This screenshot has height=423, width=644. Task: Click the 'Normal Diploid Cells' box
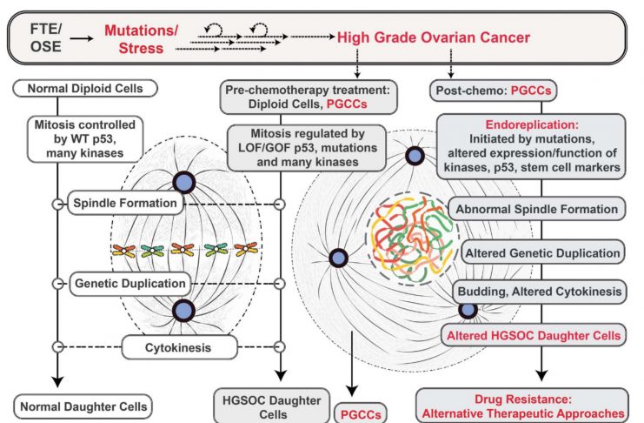point(85,89)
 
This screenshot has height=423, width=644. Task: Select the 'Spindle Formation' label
point(125,203)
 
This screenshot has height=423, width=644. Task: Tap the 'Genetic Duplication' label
point(130,284)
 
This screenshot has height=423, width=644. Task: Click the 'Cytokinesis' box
point(179,347)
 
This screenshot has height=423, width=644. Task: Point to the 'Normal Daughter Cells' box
point(83,406)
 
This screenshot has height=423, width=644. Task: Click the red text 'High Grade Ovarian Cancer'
point(434,37)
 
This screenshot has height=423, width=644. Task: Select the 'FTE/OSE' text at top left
point(45,37)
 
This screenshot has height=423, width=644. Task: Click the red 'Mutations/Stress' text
point(141,39)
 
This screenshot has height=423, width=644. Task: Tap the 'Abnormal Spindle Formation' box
point(537,209)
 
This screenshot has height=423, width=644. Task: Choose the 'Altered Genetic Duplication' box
point(542,252)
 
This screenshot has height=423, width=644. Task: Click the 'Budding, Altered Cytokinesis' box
point(539,292)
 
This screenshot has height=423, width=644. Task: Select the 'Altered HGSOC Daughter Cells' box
point(534,335)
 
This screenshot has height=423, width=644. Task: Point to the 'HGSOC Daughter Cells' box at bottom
point(272,406)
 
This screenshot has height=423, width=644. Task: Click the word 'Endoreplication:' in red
point(532,124)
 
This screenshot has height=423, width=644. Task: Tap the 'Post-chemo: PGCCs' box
point(494,91)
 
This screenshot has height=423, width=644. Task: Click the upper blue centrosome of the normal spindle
point(184,182)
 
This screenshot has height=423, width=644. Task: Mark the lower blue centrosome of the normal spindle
point(183,311)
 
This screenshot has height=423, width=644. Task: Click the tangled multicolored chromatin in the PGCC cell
point(412,238)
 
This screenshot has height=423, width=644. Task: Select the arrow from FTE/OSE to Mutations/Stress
point(82,38)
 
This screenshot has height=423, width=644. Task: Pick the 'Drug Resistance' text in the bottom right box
point(523,399)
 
